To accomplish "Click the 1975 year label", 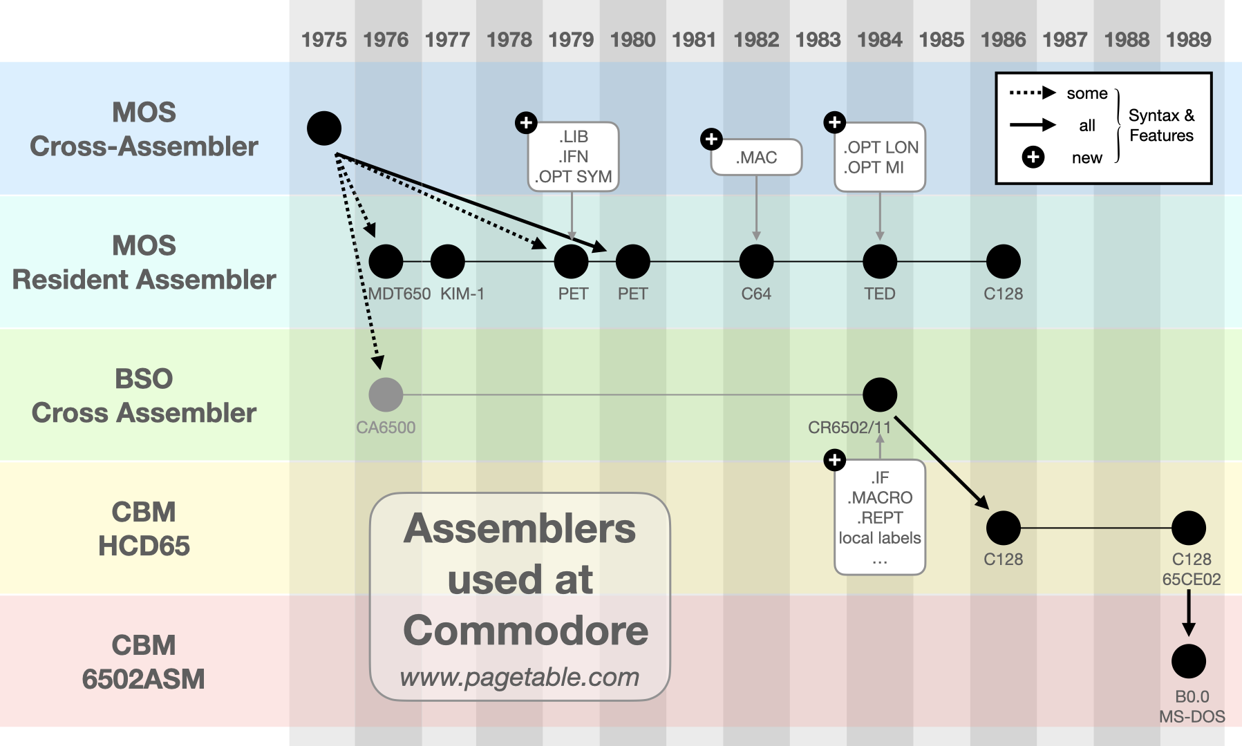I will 323,39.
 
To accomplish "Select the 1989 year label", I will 1188,39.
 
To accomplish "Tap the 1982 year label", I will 756,39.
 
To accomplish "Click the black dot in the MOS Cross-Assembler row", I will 323,128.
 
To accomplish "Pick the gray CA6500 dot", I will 386,394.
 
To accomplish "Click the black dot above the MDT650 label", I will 386,262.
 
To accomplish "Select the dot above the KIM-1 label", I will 447,262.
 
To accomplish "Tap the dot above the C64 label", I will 756,262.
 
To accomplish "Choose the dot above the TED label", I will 880,262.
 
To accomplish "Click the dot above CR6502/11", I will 880,394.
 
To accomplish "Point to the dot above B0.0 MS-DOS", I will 1189,661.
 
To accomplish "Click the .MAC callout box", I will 756,157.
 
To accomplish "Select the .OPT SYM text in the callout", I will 573,177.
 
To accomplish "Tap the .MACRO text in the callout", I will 880,497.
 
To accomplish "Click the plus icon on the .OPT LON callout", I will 835,122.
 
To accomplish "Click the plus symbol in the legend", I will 1033,157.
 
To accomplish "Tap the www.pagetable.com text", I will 520,677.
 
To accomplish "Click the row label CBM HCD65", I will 144,528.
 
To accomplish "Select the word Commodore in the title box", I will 525,630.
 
